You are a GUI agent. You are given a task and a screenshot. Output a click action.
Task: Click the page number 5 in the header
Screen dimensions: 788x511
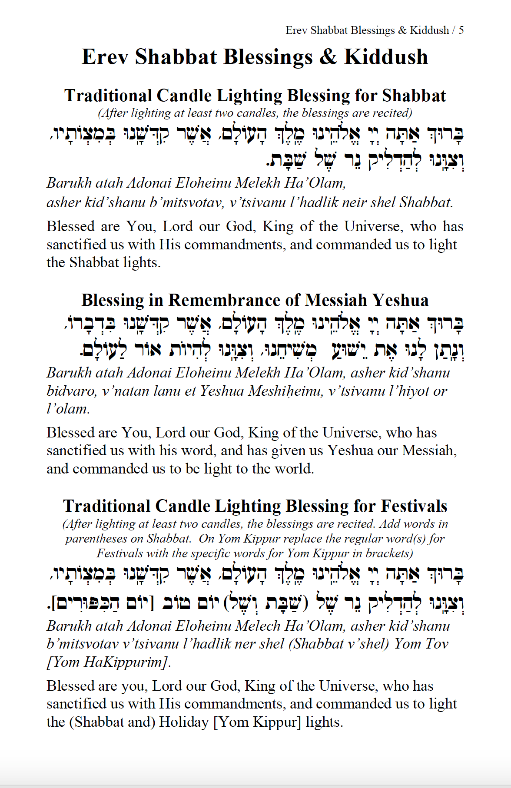pyautogui.click(x=461, y=30)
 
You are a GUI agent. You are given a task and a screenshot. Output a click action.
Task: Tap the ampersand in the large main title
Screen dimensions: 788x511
pyautogui.click(x=328, y=57)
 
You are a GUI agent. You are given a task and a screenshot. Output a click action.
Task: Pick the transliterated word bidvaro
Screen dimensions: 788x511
pyautogui.click(x=71, y=391)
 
